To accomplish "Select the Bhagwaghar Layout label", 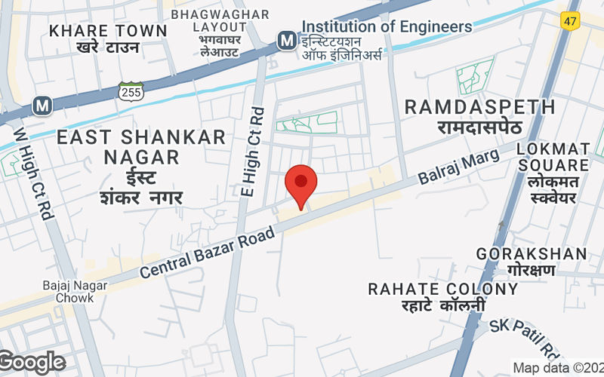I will point(209,34).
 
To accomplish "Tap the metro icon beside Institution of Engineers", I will point(287,39).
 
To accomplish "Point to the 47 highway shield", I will point(569,21).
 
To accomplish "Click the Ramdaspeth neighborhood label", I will point(480,116).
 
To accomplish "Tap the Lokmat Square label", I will point(553,173).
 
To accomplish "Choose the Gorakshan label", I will point(532,261).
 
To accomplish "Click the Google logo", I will point(32,363).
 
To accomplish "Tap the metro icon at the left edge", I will point(43,104).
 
